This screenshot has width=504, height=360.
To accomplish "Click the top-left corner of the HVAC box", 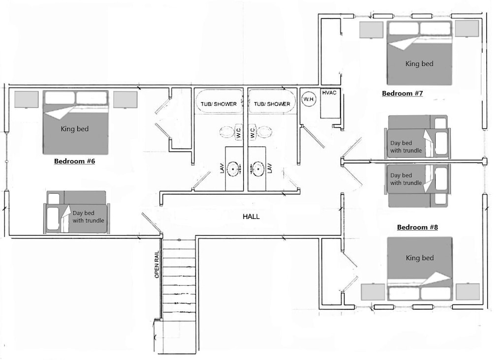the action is coord(320,88).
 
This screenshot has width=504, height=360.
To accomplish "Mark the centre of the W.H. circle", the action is coord(309,99).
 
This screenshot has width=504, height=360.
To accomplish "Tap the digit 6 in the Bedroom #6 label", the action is coord(93,161).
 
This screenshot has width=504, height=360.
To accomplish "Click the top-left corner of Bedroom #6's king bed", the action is coord(43,91).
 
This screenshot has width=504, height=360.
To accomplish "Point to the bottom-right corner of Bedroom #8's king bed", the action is coord(452,300).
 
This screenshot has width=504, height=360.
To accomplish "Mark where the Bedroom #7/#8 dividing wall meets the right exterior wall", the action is coord(485,161).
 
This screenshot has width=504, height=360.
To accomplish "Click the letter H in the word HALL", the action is coord(245,217).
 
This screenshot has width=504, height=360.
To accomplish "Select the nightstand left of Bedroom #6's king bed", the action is coord(27,99).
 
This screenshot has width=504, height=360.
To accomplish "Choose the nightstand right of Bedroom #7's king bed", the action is coord(467,29).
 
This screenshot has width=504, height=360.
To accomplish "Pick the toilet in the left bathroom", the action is coord(231,132).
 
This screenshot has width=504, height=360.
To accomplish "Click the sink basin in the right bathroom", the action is coord(257,168).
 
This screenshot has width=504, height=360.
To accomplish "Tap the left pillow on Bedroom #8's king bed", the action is coord(404,293).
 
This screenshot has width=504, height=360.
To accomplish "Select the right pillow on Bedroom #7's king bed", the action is coord(435,28).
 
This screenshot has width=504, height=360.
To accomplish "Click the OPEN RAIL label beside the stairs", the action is coord(157,264).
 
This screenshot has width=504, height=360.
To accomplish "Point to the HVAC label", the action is coord(329,93).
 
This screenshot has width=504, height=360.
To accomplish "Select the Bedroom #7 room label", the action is coord(402,93).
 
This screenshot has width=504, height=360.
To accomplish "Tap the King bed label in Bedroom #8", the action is coord(419,258).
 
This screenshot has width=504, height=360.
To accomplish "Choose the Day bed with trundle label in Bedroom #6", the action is coord(88,217).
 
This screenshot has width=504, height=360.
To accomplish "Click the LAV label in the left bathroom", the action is coord(222,168).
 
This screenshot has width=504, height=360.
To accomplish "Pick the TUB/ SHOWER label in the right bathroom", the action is coord(272,104).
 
